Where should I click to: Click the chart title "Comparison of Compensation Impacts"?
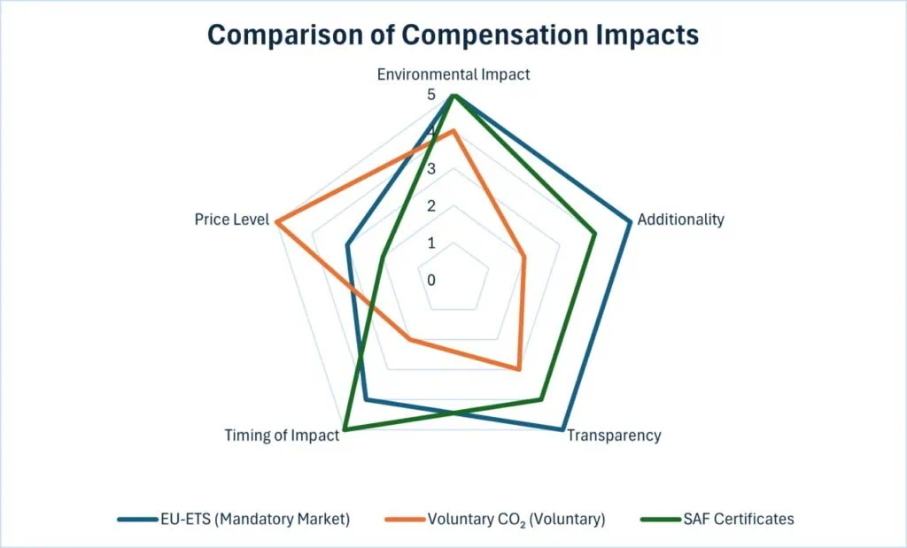click(453, 35)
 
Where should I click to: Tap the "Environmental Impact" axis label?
click(453, 74)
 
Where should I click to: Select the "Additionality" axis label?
click(680, 220)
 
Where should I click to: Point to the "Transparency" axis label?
click(613, 436)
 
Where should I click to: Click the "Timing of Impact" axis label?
click(282, 436)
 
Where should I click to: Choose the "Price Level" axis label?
click(231, 220)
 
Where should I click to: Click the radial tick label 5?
click(431, 95)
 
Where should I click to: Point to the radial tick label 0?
click(431, 281)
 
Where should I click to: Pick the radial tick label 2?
click(431, 206)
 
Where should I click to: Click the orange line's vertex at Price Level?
click(276, 221)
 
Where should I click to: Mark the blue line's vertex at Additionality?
click(631, 221)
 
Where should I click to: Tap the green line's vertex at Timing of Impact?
click(344, 430)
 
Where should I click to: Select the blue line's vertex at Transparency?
click(562, 430)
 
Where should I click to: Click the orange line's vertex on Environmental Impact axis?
click(453, 131)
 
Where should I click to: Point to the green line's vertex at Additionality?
click(595, 233)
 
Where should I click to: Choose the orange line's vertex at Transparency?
click(518, 369)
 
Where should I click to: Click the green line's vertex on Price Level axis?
click(382, 257)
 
